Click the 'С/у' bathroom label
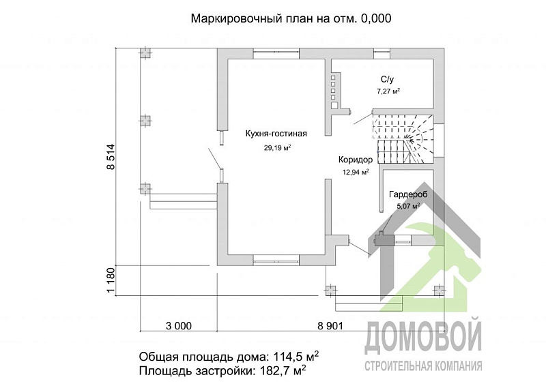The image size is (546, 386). tap(388, 79)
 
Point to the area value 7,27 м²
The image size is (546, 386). tap(388, 91)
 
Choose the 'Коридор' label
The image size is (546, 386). tap(355, 160)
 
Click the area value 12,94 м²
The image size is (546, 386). tap(355, 173)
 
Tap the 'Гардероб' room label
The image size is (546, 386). tap(407, 194)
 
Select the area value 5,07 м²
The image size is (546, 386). tap(407, 206)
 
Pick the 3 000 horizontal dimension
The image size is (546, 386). tap(179, 325)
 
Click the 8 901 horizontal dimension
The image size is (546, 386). tap(330, 325)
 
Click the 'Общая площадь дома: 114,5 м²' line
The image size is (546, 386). tap(229, 357)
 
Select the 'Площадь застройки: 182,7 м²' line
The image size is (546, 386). tap(222, 371)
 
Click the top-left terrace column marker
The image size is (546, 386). tap(145, 53)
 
